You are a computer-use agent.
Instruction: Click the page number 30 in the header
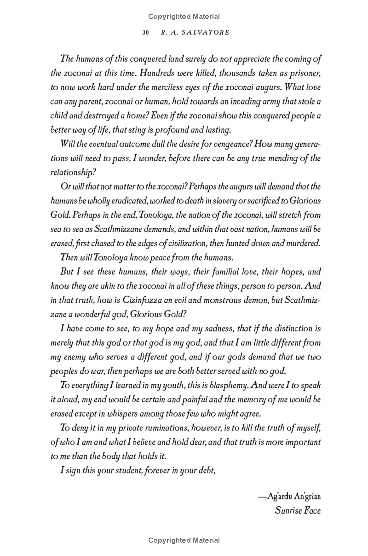[x=146, y=33]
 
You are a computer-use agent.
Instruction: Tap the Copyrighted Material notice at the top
[x=184, y=17]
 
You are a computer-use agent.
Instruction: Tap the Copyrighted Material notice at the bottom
[x=184, y=540]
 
